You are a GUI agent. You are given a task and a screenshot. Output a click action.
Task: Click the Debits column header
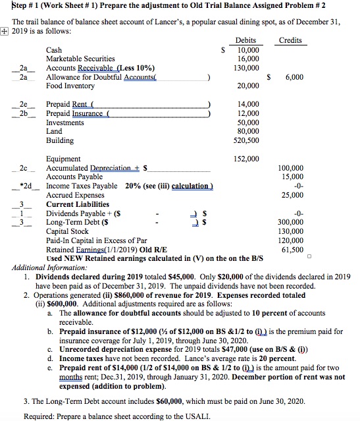[245, 40]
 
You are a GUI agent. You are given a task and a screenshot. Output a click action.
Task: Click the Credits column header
[290, 40]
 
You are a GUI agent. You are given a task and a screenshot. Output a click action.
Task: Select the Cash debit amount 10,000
[248, 50]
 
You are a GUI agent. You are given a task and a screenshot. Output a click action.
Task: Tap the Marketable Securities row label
[80, 59]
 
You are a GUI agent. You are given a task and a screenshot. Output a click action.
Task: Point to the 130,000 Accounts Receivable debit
[247, 68]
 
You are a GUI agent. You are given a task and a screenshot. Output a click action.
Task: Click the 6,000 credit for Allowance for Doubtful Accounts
[294, 77]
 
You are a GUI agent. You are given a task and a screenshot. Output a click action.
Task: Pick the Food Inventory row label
[70, 86]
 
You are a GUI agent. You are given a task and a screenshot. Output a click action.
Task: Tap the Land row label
[55, 132]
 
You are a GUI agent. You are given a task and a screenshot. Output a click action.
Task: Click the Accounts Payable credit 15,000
[292, 177]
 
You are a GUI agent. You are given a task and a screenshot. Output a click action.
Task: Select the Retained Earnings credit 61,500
[292, 250]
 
